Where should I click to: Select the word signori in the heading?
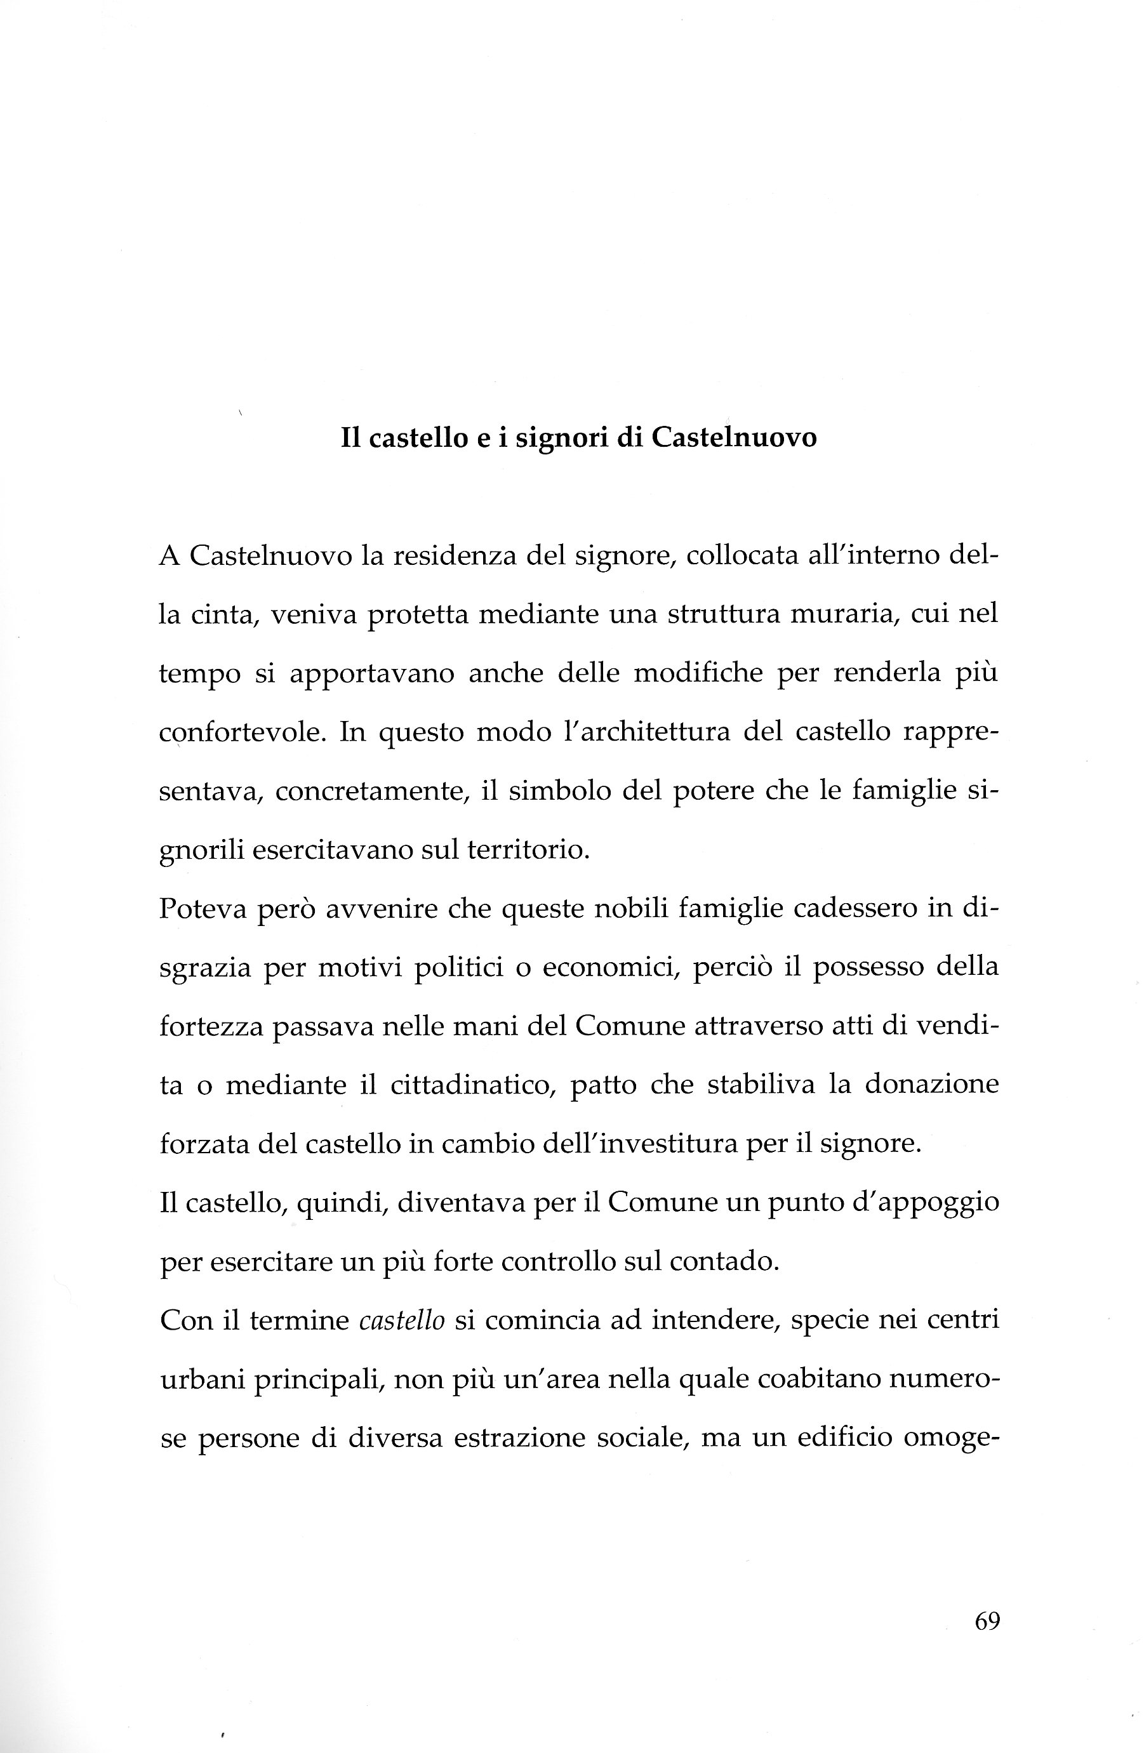561,440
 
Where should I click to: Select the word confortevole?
243,734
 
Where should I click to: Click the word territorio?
528,850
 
